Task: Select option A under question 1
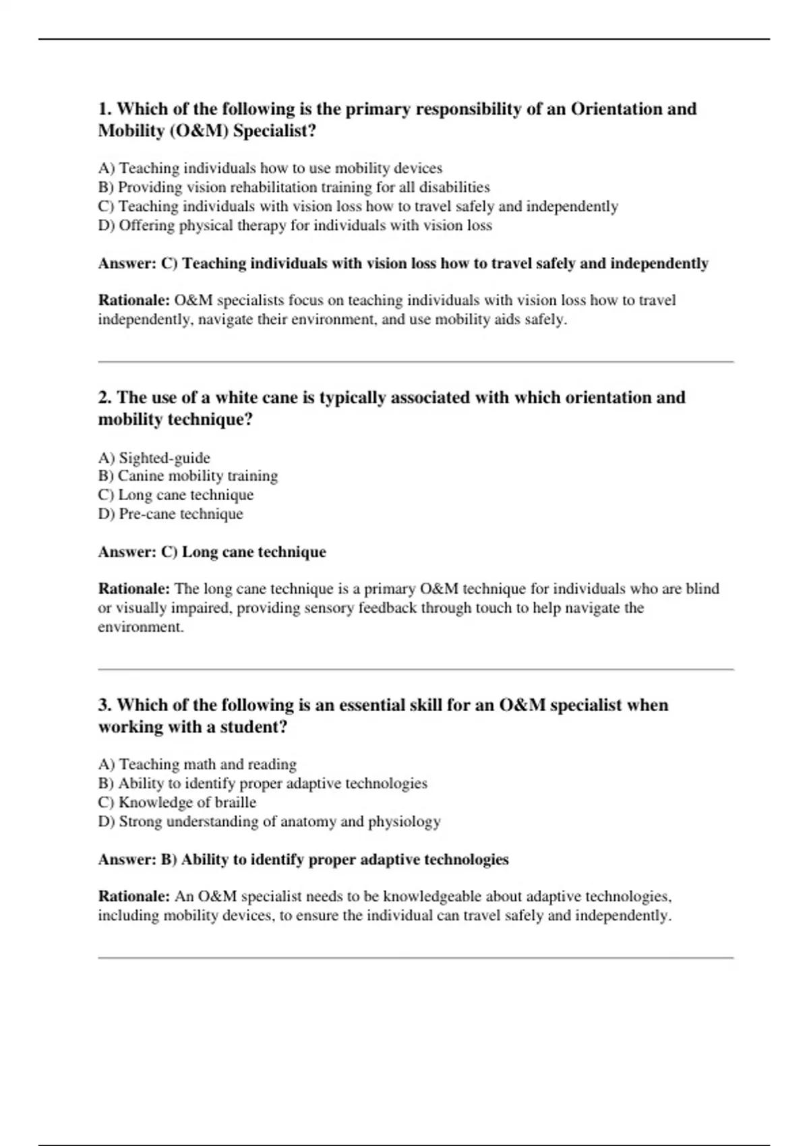(x=270, y=168)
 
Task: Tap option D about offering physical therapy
(x=295, y=225)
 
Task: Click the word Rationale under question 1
(x=133, y=300)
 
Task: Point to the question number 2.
(x=104, y=398)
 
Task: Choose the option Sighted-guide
(x=154, y=458)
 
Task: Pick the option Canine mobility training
(x=187, y=476)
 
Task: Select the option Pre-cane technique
(x=170, y=514)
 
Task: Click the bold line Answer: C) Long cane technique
(x=212, y=552)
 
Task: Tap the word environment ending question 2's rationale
(x=140, y=627)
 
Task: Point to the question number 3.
(x=104, y=705)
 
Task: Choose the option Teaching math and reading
(x=197, y=764)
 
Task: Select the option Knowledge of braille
(x=177, y=802)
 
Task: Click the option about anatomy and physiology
(x=269, y=821)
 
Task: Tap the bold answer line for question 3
(x=303, y=859)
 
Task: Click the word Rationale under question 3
(x=133, y=897)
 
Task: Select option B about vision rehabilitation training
(x=293, y=187)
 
